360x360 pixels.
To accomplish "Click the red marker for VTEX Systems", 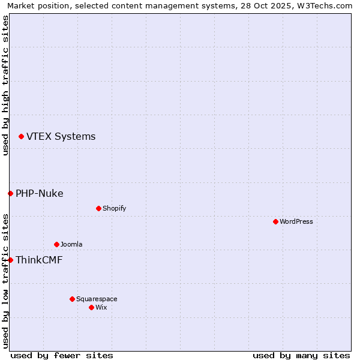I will click(x=21, y=137).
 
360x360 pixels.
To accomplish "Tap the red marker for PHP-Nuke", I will click(x=10, y=193).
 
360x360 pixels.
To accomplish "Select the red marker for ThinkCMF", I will click(x=10, y=260).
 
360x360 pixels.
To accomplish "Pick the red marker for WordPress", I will click(x=275, y=221).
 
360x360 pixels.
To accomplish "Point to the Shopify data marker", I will click(x=98, y=208).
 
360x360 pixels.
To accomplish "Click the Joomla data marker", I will click(x=56, y=244).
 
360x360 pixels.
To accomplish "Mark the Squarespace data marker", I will click(x=72, y=299).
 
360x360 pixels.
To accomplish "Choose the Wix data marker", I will click(x=91, y=307).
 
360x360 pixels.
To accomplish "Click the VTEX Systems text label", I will click(x=61, y=137).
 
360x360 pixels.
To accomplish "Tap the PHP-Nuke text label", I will click(x=40, y=193).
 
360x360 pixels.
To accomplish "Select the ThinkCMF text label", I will click(x=39, y=260).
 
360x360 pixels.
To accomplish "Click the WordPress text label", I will click(x=296, y=221).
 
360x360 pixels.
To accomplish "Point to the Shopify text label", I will click(x=114, y=208).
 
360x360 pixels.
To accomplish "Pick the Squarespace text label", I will click(x=97, y=299).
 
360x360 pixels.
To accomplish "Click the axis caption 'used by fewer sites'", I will click(x=62, y=355).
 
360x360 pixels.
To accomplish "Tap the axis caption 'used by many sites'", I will click(x=301, y=355).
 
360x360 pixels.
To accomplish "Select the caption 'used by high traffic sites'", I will click(x=5, y=85).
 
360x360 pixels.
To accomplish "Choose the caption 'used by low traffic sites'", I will click(x=5, y=281).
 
